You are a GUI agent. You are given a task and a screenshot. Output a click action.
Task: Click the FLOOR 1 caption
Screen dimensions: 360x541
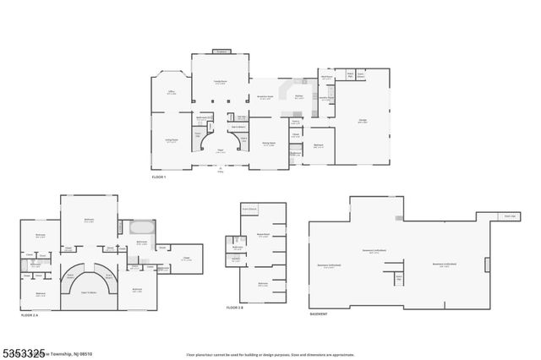[159, 177]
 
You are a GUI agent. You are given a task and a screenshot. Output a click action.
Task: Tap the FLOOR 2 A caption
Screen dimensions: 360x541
[32, 315]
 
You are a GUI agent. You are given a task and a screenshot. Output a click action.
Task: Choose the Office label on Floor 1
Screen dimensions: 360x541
[171, 93]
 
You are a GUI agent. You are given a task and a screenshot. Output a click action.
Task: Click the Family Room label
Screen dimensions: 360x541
[221, 82]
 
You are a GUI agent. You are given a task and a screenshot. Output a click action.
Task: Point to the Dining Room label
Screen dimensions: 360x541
[269, 144]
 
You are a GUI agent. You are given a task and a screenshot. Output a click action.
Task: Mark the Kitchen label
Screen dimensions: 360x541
[299, 96]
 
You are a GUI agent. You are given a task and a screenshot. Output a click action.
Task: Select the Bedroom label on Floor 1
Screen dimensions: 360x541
[319, 145]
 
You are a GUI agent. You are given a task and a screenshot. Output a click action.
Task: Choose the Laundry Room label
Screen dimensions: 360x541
[325, 97]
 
